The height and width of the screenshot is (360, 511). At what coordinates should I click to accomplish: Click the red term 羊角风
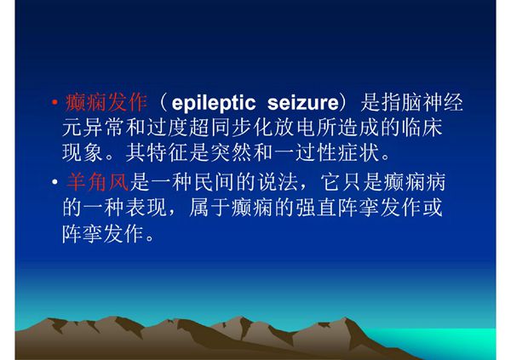point(96,183)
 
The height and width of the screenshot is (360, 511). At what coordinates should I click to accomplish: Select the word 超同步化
point(235,131)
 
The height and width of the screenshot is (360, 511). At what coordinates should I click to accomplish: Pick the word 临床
point(442,131)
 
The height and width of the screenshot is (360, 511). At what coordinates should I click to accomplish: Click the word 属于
point(250,209)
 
